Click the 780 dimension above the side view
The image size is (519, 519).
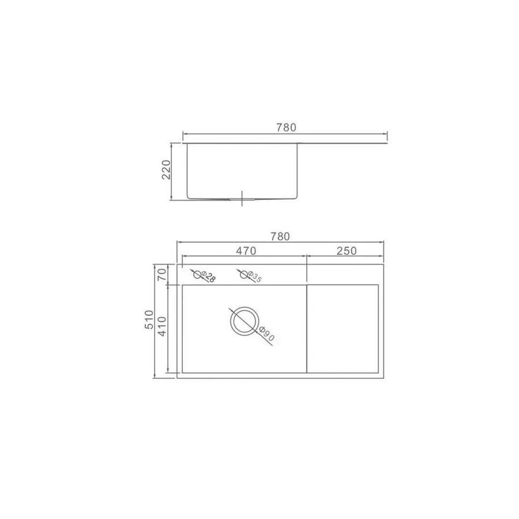[x=286, y=127]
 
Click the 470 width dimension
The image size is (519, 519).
[x=245, y=250]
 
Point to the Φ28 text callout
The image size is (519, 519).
[x=209, y=277]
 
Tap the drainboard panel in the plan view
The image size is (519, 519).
[x=343, y=328]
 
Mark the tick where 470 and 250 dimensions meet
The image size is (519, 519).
[x=306, y=255]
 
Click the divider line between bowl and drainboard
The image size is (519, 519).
[x=306, y=328]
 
